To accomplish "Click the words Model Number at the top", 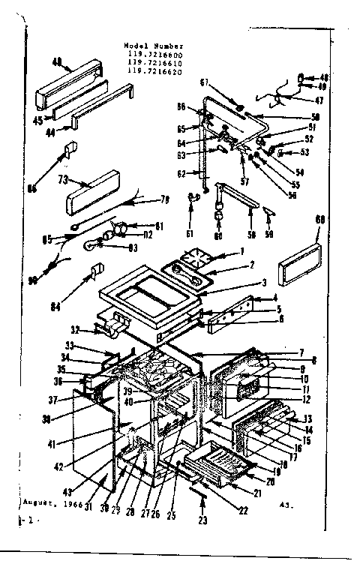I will [152, 46].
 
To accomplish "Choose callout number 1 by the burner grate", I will [241, 252].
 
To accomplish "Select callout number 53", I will [306, 153].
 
